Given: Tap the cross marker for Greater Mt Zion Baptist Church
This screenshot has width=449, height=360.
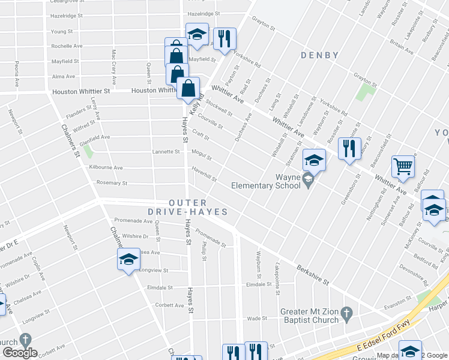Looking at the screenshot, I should tap(346, 313).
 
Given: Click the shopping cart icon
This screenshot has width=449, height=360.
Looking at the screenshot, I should tap(403, 166).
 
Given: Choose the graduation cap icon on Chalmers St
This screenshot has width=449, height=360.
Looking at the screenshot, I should tap(128, 259).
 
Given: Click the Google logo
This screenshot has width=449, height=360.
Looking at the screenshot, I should tap(20, 353).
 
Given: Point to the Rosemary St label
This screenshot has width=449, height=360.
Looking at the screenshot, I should tap(108, 183).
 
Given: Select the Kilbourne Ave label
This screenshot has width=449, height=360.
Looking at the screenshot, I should tap(106, 168).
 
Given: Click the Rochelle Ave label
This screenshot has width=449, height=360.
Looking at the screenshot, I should tap(67, 46).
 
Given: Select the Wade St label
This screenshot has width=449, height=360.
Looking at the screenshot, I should tap(256, 319).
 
